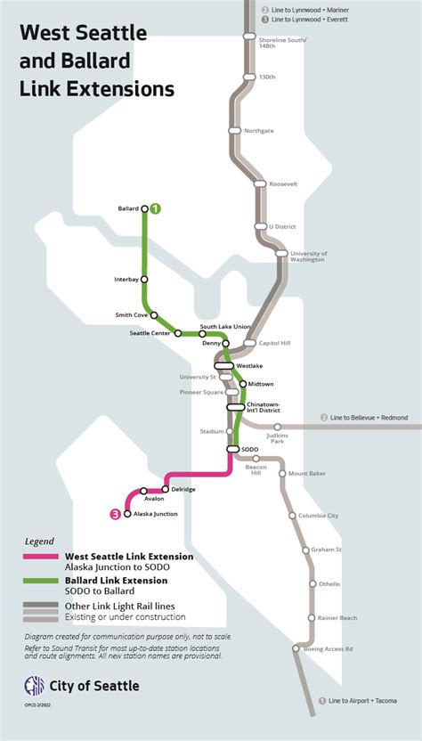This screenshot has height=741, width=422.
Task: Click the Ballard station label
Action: tap(127, 208)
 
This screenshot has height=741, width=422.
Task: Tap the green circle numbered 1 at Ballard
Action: tap(155, 208)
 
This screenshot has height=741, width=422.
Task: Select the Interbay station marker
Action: tap(144, 280)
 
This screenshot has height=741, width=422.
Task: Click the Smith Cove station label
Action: tap(132, 314)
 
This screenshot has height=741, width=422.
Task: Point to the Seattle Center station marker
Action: tap(179, 333)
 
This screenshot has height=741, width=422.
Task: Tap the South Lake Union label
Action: tap(224, 326)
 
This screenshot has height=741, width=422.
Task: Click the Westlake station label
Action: tap(249, 365)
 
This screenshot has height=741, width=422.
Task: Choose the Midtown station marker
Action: tap(243, 384)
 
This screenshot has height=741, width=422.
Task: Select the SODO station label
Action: tap(250, 449)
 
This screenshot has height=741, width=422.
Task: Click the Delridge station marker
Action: tap(166, 490)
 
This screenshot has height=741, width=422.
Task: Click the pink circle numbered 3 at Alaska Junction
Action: tap(115, 514)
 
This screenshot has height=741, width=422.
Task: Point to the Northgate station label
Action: tap(258, 130)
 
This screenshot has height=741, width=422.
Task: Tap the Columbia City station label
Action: tap(320, 516)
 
